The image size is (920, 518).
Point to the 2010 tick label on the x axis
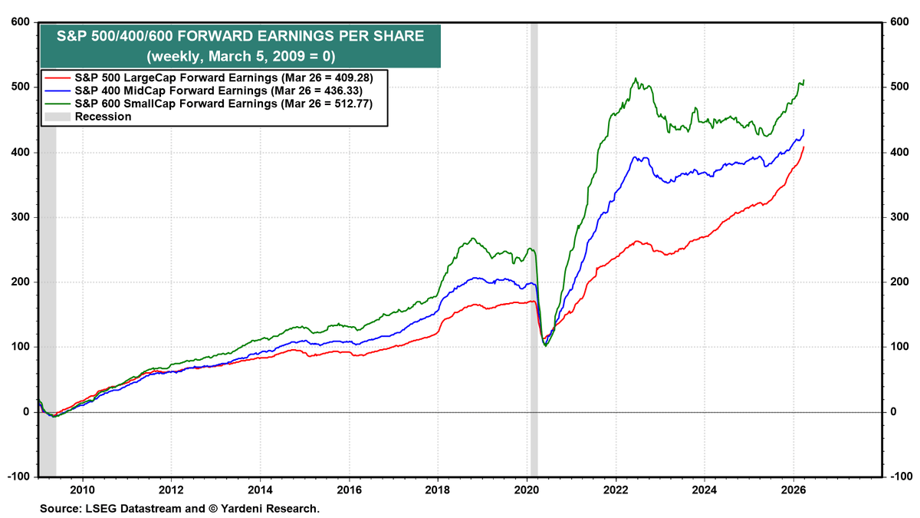tap(82, 490)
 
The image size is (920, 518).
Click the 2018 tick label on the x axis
tap(438, 490)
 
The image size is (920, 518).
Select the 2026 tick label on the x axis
tap(793, 490)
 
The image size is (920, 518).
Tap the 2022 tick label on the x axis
tap(616, 490)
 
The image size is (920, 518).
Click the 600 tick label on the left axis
tap(20, 22)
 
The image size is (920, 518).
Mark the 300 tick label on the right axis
tap(898, 217)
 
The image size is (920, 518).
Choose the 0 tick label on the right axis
tap(893, 412)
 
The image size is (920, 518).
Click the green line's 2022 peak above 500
tap(635, 78)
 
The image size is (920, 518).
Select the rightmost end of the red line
tap(803, 147)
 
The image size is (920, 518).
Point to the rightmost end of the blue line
tap(803, 130)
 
